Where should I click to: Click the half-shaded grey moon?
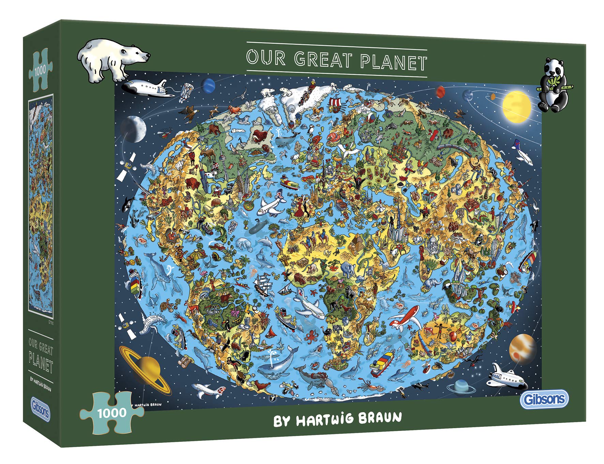point(133,129)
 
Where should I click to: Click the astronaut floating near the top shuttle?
point(187,90)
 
